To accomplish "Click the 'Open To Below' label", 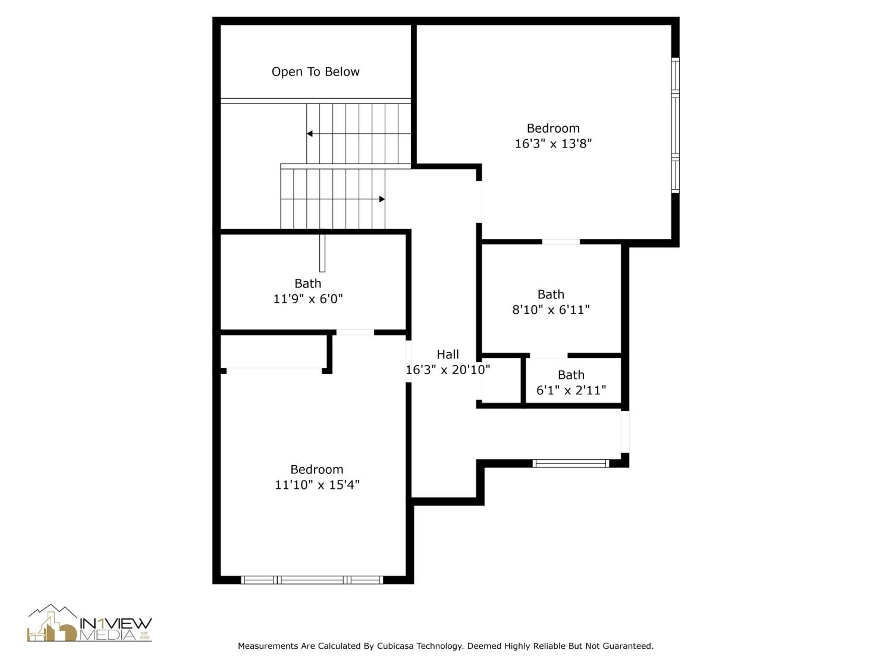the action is (315, 72).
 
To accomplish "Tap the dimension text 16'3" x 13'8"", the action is (553, 144).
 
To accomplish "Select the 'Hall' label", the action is (447, 354).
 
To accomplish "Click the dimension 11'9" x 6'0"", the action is (308, 299).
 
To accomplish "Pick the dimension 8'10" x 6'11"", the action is (551, 310).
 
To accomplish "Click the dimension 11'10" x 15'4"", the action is (317, 485).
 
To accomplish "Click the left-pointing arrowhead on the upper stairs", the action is (309, 134).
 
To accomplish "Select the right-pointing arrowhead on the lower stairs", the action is (382, 199).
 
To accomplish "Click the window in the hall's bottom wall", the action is (571, 463).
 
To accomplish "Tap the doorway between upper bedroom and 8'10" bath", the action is (561, 242).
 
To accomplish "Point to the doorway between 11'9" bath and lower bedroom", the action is (355, 332).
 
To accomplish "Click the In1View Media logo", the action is (89, 623).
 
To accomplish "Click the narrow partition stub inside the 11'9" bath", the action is (322, 253).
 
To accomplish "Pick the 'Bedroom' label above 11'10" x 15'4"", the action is (317, 469).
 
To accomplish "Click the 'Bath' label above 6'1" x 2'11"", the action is (571, 375).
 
